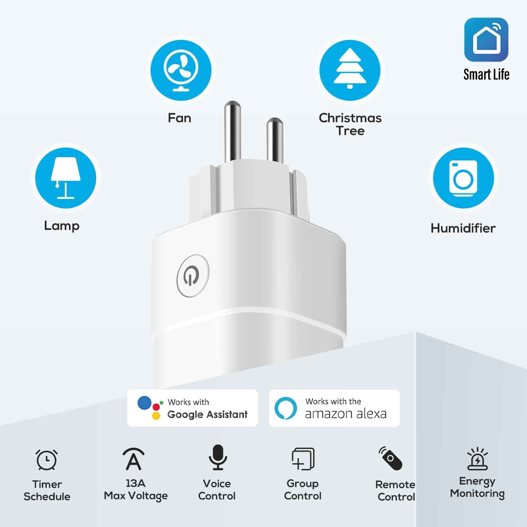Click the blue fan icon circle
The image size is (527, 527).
click(181, 70)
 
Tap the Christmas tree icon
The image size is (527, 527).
click(350, 70)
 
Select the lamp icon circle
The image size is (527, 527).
click(66, 178)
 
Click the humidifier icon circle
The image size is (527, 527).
click(463, 178)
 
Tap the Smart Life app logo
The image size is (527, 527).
click(486, 40)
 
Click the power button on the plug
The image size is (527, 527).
click(193, 276)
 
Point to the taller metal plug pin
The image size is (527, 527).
click(233, 132)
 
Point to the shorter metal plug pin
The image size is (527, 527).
click(275, 140)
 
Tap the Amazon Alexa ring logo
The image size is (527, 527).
click(286, 408)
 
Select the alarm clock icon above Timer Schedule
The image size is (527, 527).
click(46, 459)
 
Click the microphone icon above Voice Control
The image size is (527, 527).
click(218, 457)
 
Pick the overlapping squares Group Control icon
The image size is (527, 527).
click(303, 458)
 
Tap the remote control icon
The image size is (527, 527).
click(391, 458)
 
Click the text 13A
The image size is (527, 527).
click(135, 483)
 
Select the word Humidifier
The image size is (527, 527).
click(463, 228)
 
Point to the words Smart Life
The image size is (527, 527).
click(486, 74)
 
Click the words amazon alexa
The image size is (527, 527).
click(346, 414)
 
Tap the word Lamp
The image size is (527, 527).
click(62, 226)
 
